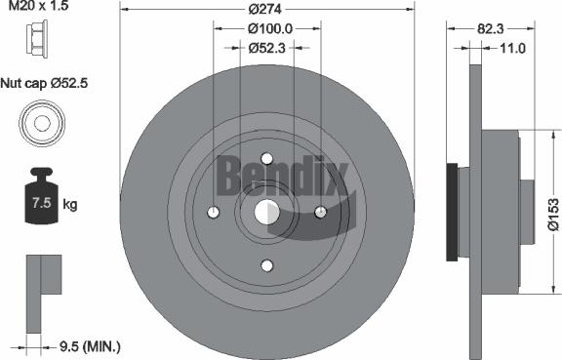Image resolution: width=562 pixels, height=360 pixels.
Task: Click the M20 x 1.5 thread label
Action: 34,8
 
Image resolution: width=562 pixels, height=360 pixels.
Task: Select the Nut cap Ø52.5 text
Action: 46,84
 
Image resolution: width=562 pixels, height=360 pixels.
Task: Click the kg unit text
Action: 70,205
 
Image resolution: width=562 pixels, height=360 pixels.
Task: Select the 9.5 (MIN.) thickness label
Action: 88,344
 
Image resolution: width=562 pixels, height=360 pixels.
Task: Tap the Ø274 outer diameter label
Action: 265,10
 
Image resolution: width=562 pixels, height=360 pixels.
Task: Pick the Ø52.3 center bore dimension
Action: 266,47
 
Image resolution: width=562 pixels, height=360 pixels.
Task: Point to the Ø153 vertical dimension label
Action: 552,211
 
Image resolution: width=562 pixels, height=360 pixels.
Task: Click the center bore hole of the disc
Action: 267,212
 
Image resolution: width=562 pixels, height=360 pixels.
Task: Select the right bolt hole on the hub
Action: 320,212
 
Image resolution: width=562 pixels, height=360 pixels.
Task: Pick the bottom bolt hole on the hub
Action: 267,264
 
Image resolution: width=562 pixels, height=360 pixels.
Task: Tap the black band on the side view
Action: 452,213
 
